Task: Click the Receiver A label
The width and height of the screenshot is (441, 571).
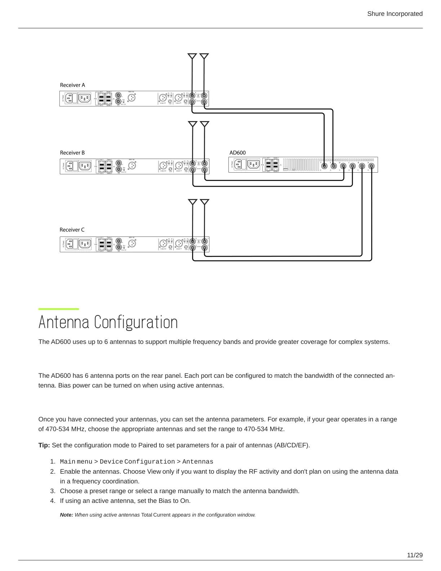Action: point(72,85)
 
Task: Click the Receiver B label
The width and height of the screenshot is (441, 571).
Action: point(72,153)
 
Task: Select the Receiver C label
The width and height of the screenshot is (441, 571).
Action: point(72,230)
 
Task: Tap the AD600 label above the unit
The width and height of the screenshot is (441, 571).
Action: point(238,153)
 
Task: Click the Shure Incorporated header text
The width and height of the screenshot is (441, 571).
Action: point(395,14)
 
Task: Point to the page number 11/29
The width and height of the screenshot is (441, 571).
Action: point(415,555)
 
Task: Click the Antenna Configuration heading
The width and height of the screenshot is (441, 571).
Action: point(108,322)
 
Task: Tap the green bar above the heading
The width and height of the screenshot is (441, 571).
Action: point(59,309)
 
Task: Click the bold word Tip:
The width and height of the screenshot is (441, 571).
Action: point(44,445)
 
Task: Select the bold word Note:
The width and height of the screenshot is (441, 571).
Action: point(67,515)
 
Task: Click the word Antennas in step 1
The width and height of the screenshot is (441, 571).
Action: point(198,462)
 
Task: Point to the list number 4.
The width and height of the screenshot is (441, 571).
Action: point(53,501)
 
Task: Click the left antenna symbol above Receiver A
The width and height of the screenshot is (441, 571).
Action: point(192,56)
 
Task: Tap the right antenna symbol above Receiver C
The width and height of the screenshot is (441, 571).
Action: point(205,202)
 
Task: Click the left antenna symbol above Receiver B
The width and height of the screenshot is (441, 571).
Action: point(193,124)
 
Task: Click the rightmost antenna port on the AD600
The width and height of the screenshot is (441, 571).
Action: point(371,166)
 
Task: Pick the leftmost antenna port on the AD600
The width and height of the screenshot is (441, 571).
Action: point(325,166)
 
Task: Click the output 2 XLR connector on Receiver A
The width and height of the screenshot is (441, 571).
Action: point(162,97)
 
